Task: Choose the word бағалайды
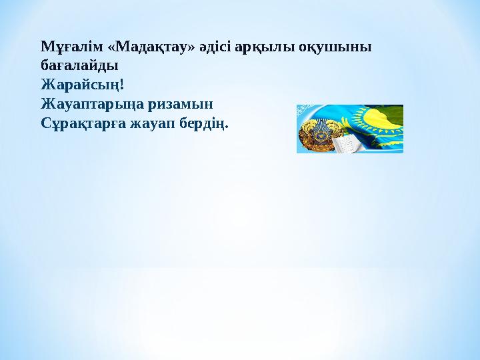pos(79,67)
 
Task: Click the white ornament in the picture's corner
pos(303,111)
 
